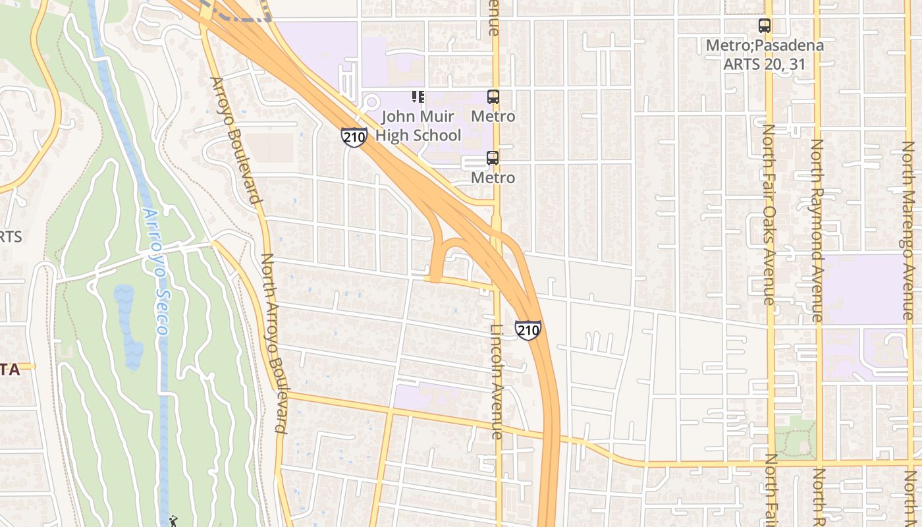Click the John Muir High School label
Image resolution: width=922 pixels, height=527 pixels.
pos(418,126)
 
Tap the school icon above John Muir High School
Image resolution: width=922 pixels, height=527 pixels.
pos(418,97)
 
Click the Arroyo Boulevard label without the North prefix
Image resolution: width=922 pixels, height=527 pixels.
pos(234,140)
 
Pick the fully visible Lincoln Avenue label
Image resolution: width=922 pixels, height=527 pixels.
pos(497,381)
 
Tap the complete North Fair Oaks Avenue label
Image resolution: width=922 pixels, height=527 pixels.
pos(768,214)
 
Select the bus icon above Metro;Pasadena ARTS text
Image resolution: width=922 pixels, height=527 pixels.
pos(764,26)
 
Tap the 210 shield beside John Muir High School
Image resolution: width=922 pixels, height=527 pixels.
pos(354,137)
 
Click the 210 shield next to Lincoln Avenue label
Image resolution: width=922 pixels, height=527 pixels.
pos(528,329)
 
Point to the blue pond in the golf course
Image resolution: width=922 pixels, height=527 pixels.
pos(128,323)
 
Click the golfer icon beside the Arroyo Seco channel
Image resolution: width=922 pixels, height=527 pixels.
pos(173,521)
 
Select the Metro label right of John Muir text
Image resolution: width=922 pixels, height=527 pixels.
pos(493,117)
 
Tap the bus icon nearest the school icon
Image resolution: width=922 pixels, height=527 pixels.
pos(493,97)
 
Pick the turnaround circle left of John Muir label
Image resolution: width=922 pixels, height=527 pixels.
pos(371,103)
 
